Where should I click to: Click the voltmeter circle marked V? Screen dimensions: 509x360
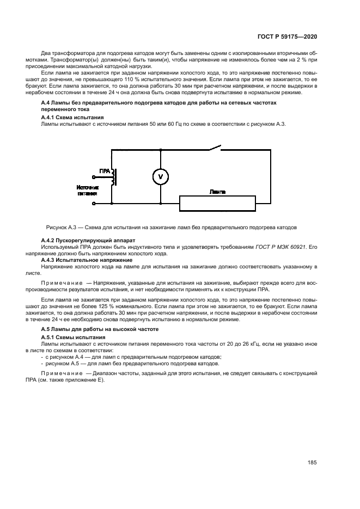pos(160,176)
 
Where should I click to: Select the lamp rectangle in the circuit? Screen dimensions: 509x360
pos(218,204)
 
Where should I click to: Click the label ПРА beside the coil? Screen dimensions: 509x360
pos(105,170)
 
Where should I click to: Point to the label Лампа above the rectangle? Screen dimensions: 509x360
pos(218,192)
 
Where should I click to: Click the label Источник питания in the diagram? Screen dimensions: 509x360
pos(88,189)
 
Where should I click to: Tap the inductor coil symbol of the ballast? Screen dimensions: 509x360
pos(113,177)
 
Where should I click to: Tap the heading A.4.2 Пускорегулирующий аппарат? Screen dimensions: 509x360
pos(88,240)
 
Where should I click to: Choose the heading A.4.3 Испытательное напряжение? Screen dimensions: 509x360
pos(87,260)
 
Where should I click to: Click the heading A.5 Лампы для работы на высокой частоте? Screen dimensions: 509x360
pos(100,330)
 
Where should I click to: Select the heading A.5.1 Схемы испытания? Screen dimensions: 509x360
pos(73,338)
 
